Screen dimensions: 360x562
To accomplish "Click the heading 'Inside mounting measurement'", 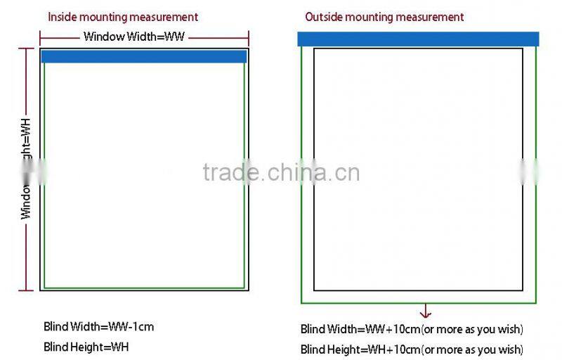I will pyautogui.click(x=122, y=17).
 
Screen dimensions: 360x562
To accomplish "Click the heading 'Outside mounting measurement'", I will pyautogui.click(x=384, y=17).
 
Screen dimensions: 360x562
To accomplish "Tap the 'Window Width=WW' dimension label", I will pyautogui.click(x=133, y=37).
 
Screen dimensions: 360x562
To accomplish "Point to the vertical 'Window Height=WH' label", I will pyautogui.click(x=26, y=169).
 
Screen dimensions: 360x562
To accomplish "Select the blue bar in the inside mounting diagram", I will pyautogui.click(x=144, y=56).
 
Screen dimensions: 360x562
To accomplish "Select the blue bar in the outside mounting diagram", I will pyautogui.click(x=418, y=39).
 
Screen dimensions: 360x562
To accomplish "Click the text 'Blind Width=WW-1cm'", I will pyautogui.click(x=98, y=326).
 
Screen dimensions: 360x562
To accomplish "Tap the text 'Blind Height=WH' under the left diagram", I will pyautogui.click(x=86, y=346).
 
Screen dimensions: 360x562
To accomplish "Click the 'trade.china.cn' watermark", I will pyautogui.click(x=281, y=172).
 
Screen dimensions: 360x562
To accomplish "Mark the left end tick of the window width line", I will pyautogui.click(x=40, y=37).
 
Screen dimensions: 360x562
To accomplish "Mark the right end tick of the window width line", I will pyautogui.click(x=248, y=37).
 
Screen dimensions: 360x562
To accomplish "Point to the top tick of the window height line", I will pyautogui.click(x=25, y=49).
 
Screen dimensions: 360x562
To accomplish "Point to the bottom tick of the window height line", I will pyautogui.click(x=25, y=290).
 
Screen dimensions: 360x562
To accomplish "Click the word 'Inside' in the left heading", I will pyautogui.click(x=61, y=17).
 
